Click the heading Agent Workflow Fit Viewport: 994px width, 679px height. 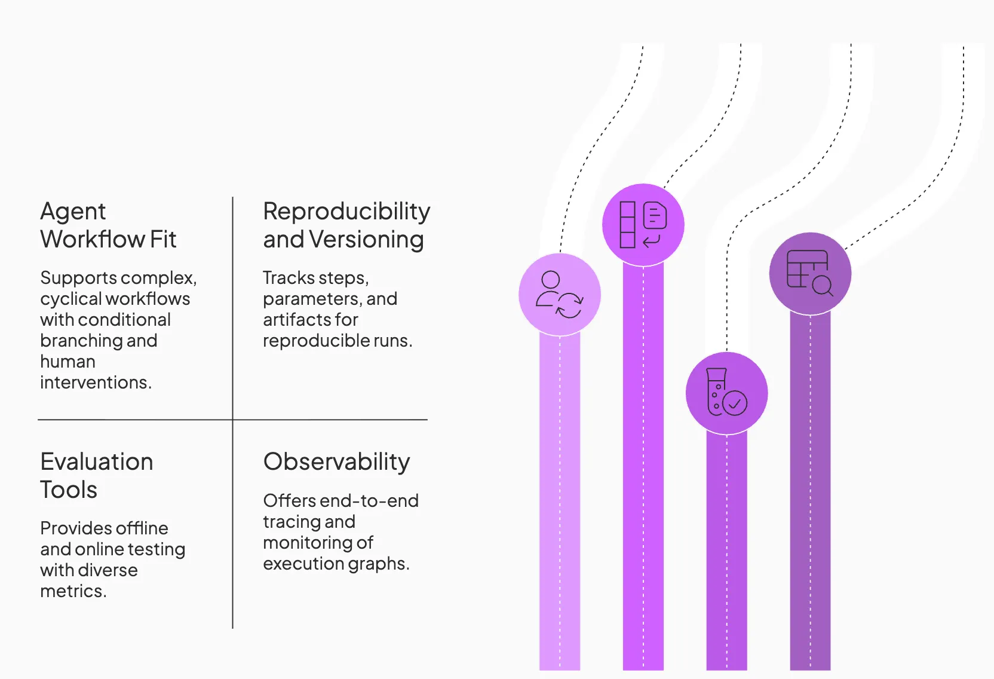(108, 225)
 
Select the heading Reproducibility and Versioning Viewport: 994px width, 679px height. (346, 225)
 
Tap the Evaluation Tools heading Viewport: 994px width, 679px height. (97, 475)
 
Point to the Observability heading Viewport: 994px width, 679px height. (336, 462)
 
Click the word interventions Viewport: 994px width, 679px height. (96, 383)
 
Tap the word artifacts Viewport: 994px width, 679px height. (294, 320)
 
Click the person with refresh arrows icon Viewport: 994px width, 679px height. (560, 295)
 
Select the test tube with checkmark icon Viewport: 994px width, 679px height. (726, 392)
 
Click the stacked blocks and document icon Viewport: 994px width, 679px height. (643, 225)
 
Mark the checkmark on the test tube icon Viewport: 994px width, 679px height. (735, 403)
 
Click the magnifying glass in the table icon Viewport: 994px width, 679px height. (823, 286)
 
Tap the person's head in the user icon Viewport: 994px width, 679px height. (551, 280)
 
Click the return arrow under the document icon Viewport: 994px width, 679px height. (652, 241)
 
